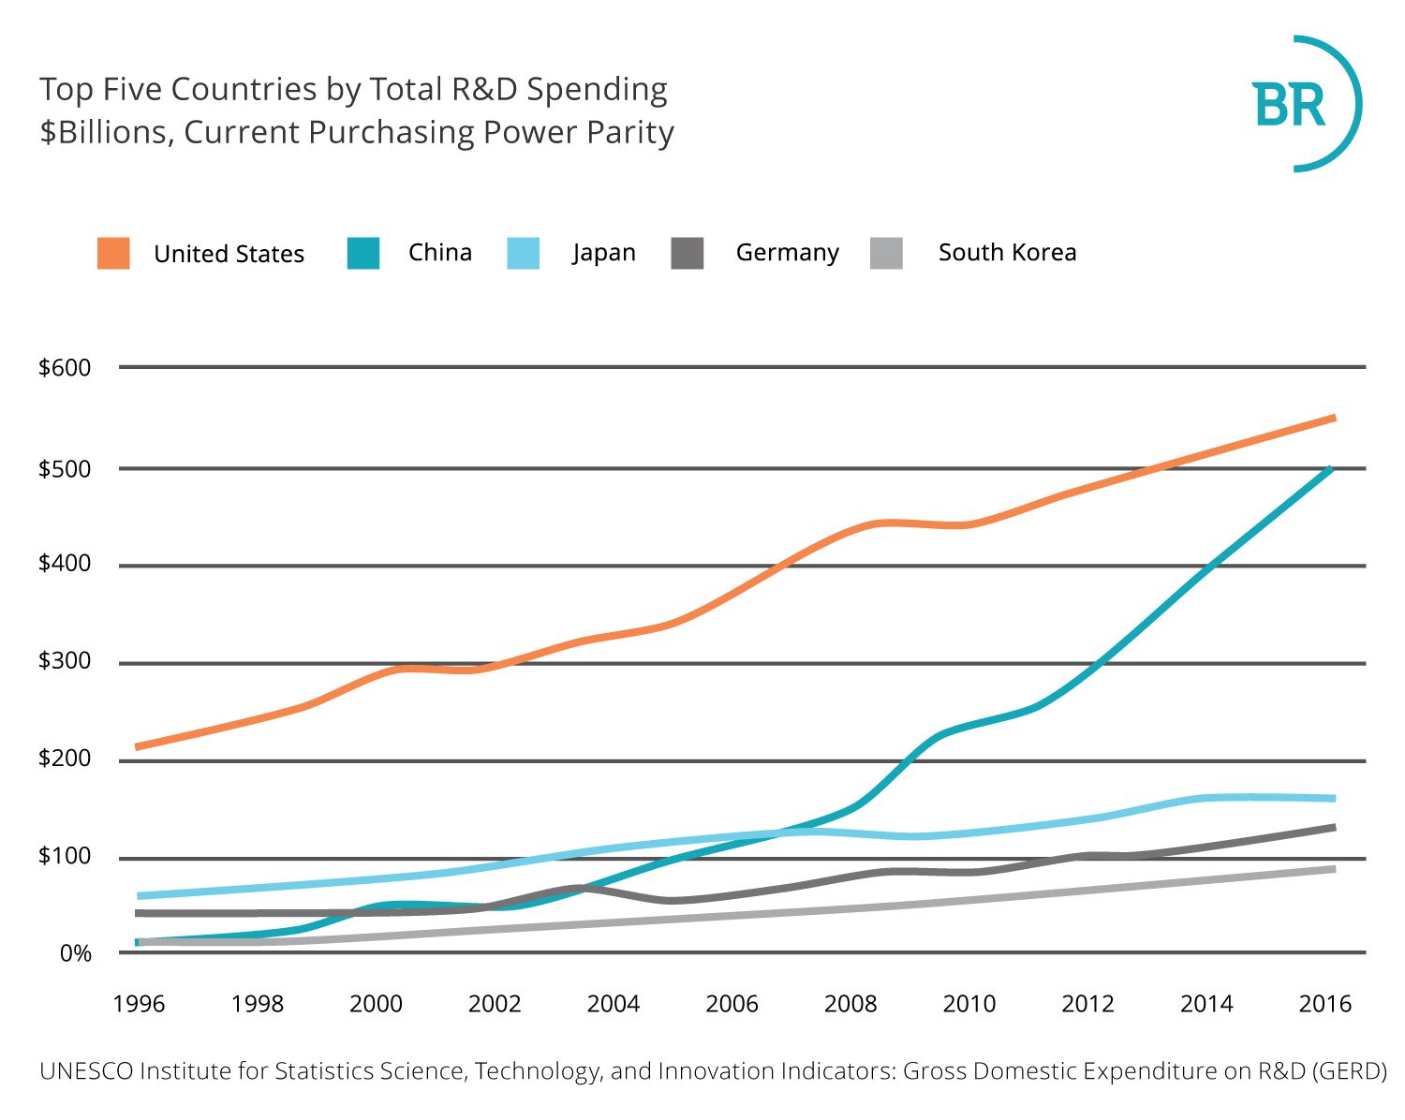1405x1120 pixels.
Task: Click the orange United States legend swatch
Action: (x=113, y=253)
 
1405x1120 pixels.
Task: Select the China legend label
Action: (x=440, y=252)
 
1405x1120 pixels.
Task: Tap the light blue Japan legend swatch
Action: (x=523, y=253)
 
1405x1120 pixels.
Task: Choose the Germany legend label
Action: (x=788, y=253)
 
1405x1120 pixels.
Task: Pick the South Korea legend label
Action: (x=1008, y=252)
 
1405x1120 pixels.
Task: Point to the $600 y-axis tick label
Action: (x=65, y=367)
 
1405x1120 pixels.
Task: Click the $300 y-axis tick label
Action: (x=65, y=660)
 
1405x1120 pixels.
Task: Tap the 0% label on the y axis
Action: (x=75, y=953)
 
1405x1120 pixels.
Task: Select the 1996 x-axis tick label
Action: (x=139, y=1004)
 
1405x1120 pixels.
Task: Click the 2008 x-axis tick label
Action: (x=850, y=1004)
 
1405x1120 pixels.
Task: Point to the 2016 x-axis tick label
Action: (x=1324, y=1004)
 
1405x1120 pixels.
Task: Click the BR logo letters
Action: (x=1289, y=105)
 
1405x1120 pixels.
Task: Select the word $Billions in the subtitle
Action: (x=107, y=132)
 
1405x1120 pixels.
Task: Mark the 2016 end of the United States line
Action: (x=1335, y=418)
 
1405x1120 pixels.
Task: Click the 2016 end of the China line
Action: (x=1331, y=468)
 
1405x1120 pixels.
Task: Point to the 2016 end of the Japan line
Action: (x=1335, y=798)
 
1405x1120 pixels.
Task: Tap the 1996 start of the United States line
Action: (x=136, y=746)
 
